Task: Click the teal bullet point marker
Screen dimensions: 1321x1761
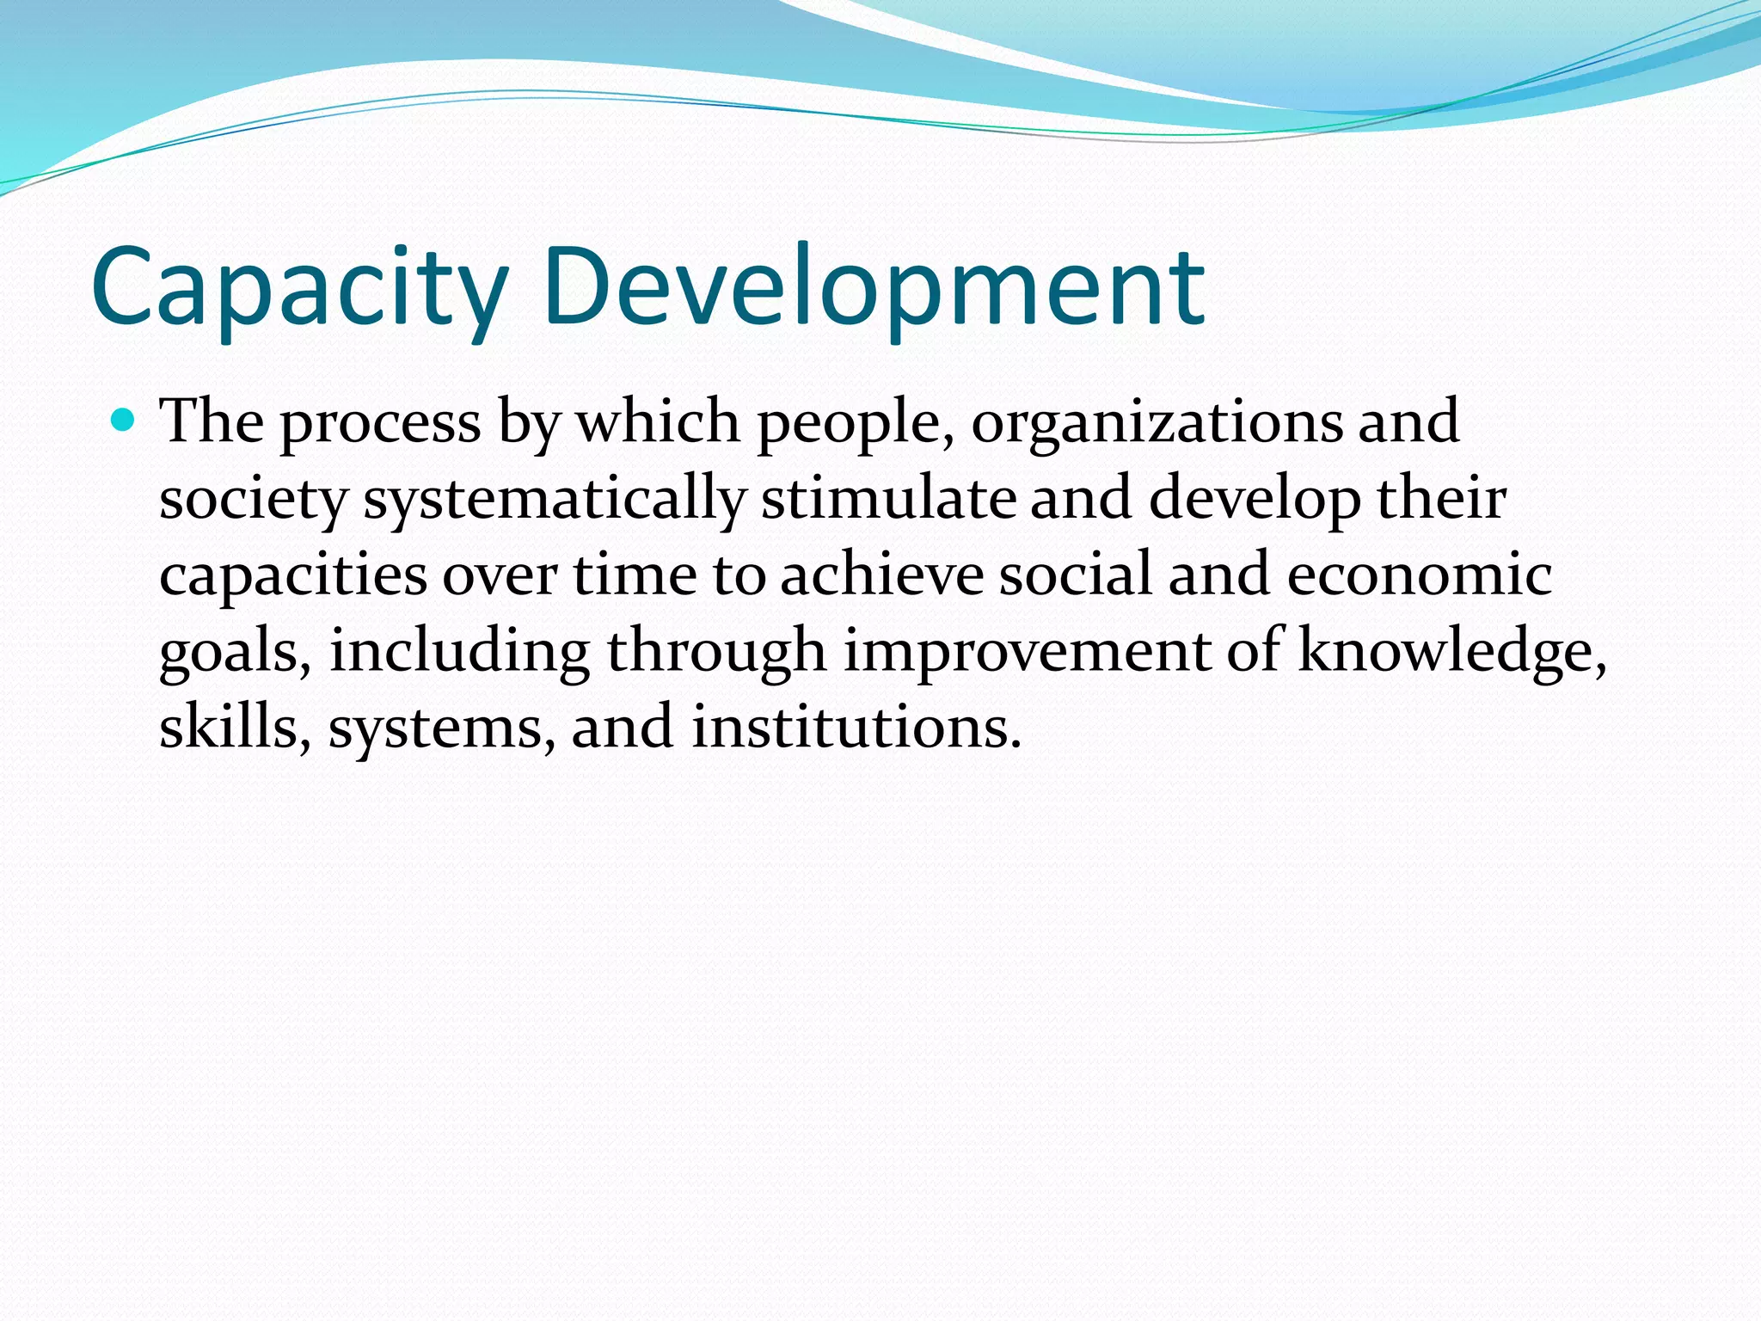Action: [x=124, y=421]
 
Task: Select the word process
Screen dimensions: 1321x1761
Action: [x=380, y=423]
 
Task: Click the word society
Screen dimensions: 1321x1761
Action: [x=253, y=500]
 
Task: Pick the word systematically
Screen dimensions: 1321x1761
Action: [x=554, y=500]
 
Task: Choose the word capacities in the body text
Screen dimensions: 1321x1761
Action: [x=292, y=575]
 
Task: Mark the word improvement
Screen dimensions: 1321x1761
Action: [x=1027, y=652]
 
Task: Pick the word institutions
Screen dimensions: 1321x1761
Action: [x=856, y=727]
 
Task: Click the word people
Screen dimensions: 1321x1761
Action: [x=855, y=423]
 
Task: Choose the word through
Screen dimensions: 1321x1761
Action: [x=716, y=652]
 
